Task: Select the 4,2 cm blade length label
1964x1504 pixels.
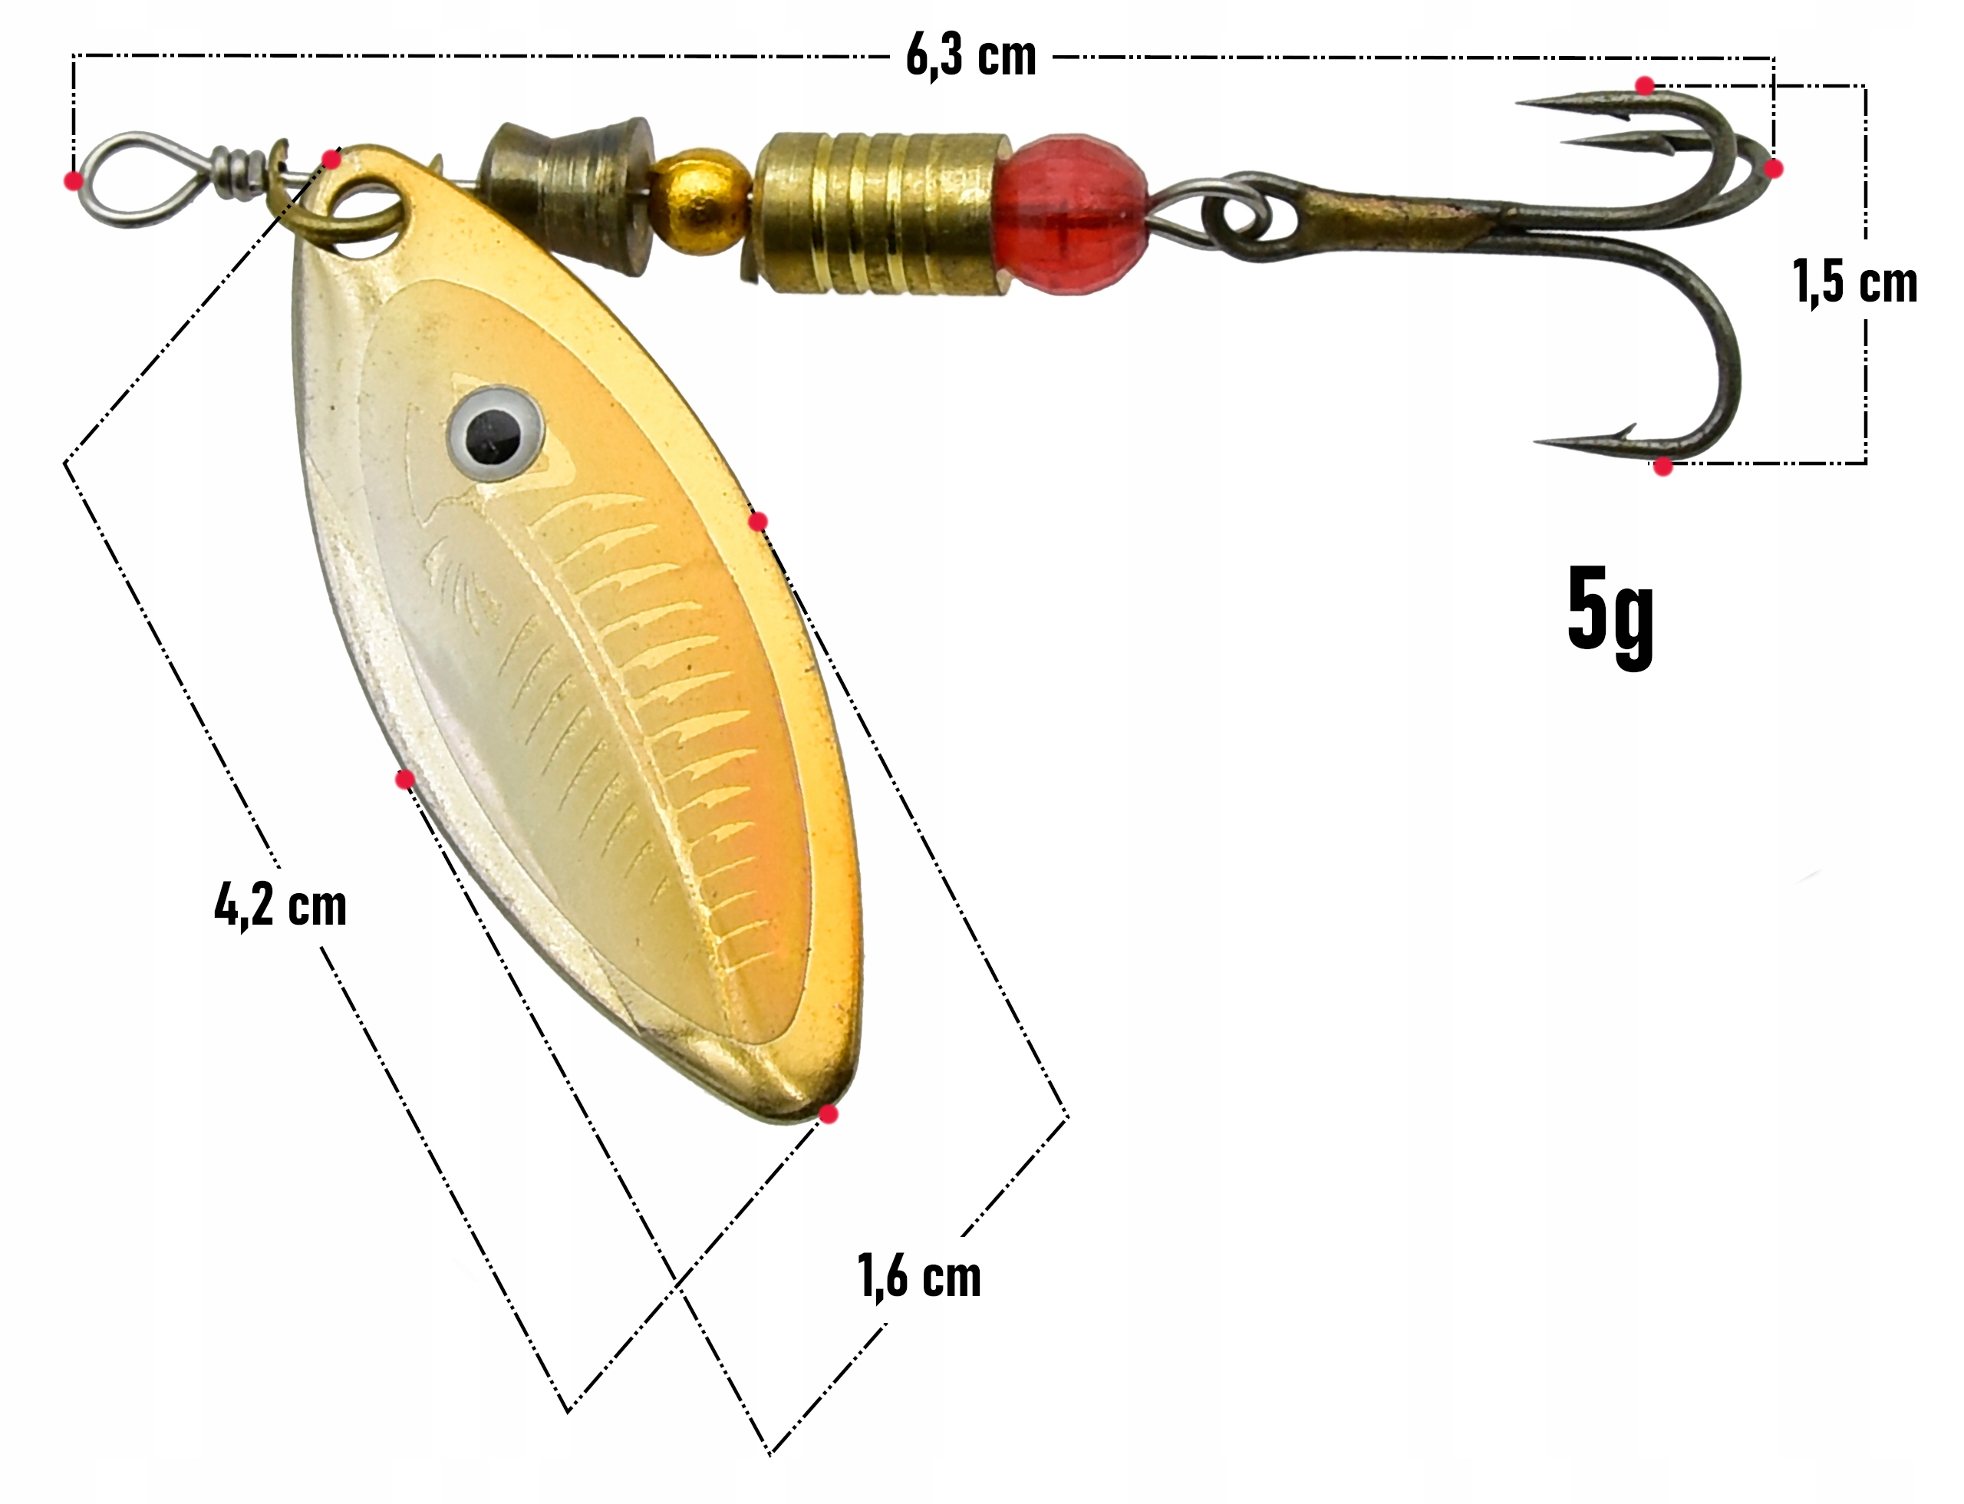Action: [x=280, y=905]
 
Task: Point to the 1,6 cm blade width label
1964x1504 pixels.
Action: [x=919, y=1275]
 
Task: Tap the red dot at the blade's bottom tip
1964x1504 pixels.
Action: [x=829, y=1114]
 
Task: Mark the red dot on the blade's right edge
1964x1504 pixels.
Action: [x=757, y=522]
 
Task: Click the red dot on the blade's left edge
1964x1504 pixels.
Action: [x=404, y=780]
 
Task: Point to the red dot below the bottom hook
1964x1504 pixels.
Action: [x=1662, y=467]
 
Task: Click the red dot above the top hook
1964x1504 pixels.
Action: [x=1644, y=86]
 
